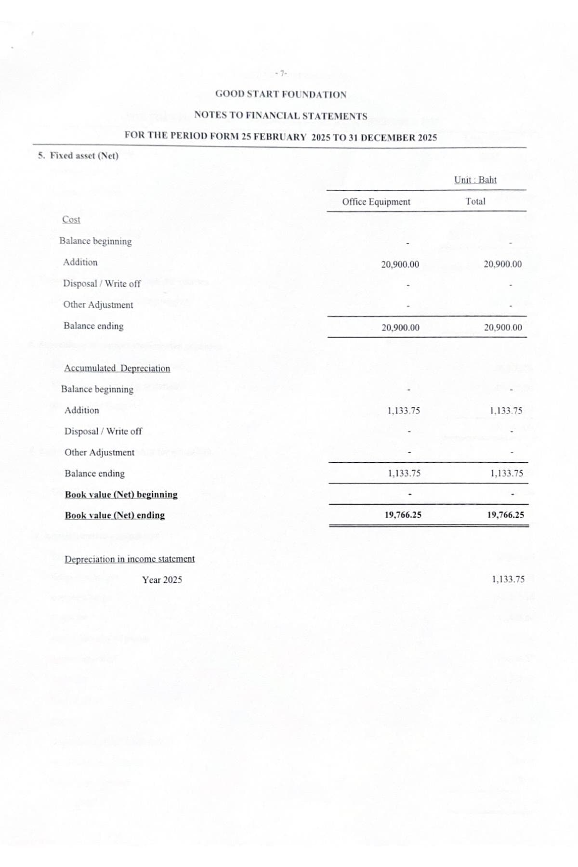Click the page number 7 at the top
tap(281, 74)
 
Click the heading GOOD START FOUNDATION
tap(281, 94)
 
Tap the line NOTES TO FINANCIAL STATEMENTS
tap(281, 116)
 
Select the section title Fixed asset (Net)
tap(79, 156)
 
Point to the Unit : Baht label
tap(475, 180)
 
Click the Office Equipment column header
tap(376, 202)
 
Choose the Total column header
tap(475, 202)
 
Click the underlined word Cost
tap(71, 220)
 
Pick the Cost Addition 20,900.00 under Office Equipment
tap(400, 264)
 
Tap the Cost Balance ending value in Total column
tap(503, 328)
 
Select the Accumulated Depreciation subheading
tap(117, 368)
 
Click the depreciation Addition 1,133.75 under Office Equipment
tap(404, 411)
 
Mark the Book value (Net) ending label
tap(115, 515)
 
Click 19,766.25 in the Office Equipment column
tap(403, 515)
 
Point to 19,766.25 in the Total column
tap(506, 515)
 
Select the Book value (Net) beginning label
tap(121, 495)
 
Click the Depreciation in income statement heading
tap(130, 559)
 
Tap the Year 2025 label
tap(162, 580)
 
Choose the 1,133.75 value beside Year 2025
tap(508, 579)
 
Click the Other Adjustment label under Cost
tap(98, 305)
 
